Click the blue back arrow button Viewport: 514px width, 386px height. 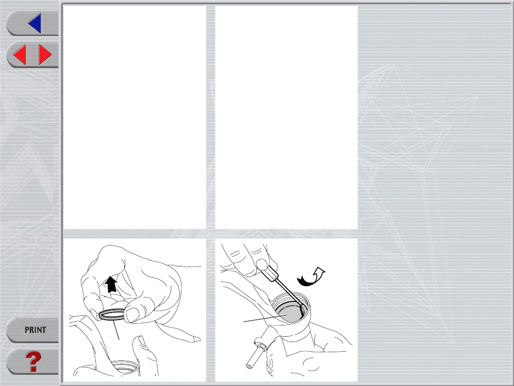35,23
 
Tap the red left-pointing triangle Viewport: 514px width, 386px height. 20,55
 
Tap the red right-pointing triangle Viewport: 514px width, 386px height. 45,55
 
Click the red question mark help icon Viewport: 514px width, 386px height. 33,361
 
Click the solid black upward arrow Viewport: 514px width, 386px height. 111,284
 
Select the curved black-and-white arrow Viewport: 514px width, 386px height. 311,277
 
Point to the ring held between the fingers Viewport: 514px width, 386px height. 112,315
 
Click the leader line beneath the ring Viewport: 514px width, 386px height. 116,330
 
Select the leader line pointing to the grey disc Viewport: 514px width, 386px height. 265,318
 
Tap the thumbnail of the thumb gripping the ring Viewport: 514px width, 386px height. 132,315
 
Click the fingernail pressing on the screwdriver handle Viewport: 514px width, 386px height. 262,264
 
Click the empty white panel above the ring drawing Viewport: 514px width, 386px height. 135,117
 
